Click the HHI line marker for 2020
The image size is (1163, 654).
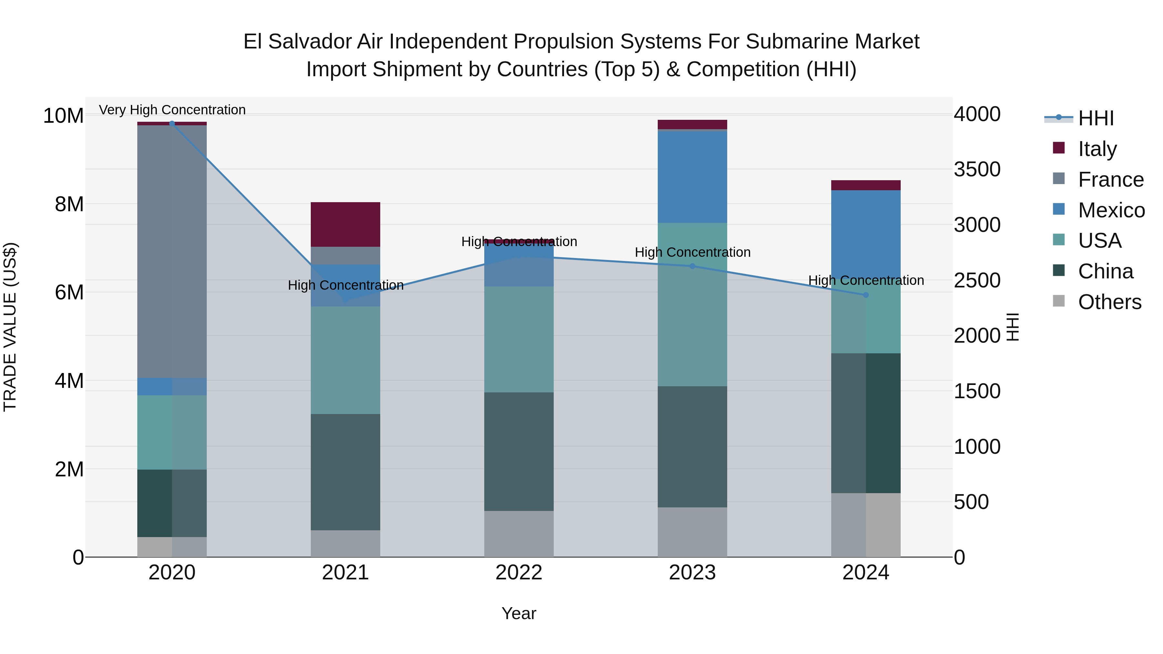point(172,123)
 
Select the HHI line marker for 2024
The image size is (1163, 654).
point(865,295)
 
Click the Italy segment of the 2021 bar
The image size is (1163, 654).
point(345,224)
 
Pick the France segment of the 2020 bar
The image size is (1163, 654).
point(172,251)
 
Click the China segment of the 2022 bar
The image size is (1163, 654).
point(519,452)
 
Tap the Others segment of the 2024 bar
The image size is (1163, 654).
point(865,525)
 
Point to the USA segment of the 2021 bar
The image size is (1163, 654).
point(345,360)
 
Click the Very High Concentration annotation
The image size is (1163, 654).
point(172,110)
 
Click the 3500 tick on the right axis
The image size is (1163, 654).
point(977,170)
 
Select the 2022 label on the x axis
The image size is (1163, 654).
point(519,573)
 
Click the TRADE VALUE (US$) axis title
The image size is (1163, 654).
point(10,327)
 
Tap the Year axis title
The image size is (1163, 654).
point(519,613)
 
